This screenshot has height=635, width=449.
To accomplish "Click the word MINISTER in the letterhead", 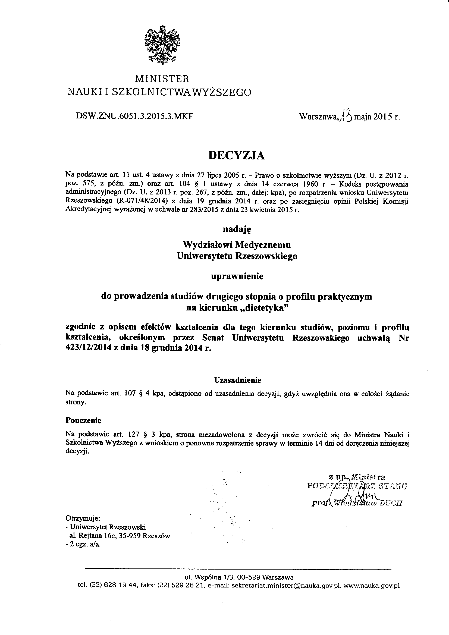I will point(162,79).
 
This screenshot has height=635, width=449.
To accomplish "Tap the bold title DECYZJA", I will point(237,156).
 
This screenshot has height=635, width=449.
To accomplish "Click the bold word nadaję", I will point(237,229).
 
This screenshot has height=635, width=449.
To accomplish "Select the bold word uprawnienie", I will point(237,276).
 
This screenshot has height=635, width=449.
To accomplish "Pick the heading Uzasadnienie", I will point(238,380).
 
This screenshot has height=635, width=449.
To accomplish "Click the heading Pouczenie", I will point(84,420).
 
